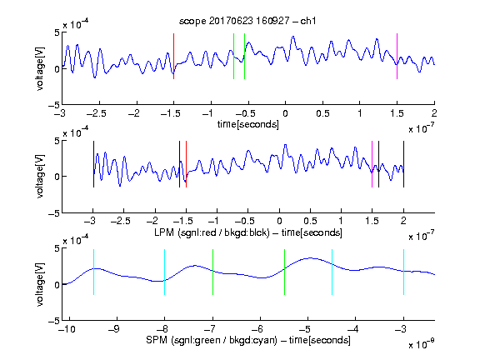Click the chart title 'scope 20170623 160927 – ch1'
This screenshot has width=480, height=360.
(x=247, y=21)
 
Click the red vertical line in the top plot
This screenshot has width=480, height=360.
(x=174, y=57)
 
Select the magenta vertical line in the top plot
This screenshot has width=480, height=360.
(x=397, y=57)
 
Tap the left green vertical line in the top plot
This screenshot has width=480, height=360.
(x=234, y=57)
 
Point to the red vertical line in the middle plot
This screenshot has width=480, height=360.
(x=186, y=164)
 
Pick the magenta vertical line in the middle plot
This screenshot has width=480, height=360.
(x=372, y=164)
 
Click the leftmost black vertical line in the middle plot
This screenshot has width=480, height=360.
(x=93, y=164)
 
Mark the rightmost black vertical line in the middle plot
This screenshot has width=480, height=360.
(x=403, y=164)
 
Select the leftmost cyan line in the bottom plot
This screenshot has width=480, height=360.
(x=93, y=272)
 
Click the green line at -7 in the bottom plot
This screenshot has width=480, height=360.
(x=212, y=272)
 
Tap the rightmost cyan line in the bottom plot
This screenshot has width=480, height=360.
(x=403, y=272)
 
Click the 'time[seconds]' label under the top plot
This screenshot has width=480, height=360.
(x=248, y=124)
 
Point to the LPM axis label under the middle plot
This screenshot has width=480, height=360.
(x=248, y=232)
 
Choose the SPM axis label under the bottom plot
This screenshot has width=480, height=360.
(x=248, y=340)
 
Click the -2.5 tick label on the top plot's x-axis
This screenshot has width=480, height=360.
(x=97, y=113)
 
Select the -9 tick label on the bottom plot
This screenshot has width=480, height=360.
(x=114, y=329)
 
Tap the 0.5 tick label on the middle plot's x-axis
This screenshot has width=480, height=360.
(x=310, y=221)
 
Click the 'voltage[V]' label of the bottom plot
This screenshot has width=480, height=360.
(x=40, y=284)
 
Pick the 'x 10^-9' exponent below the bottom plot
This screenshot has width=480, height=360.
(x=421, y=344)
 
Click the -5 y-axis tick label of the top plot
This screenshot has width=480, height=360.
(x=54, y=105)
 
